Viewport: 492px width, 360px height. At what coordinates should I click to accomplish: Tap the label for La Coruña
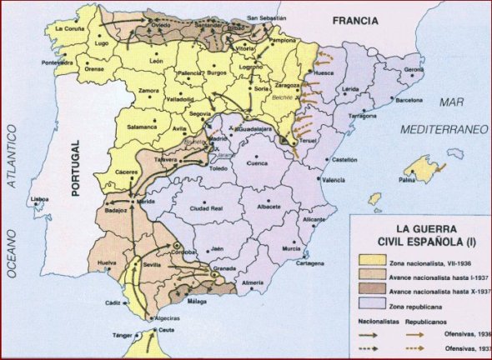point(69,29)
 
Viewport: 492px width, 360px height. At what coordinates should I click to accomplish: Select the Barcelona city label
point(409,99)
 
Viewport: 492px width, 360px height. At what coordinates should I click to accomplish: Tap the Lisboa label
point(39,200)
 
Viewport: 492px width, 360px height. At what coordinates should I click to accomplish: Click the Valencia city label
point(334,180)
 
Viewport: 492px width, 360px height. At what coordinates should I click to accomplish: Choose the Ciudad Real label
point(205,208)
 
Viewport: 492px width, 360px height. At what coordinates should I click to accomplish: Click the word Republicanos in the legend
point(426,320)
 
